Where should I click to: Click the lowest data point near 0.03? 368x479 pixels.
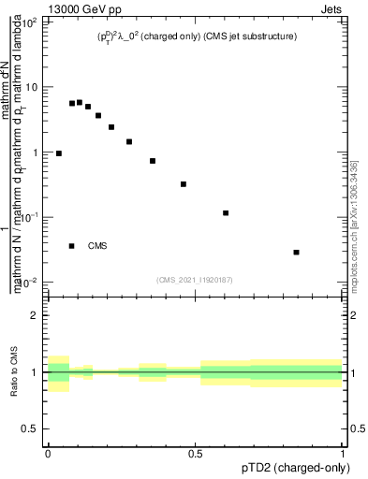coord(296,252)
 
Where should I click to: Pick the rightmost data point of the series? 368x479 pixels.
coord(296,252)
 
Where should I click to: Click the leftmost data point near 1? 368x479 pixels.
coord(59,153)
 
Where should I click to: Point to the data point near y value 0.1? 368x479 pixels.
coord(226,213)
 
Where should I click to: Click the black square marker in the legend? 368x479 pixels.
coord(72,246)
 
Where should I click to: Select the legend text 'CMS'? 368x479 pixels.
coord(97,246)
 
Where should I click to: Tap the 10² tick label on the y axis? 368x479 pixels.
coord(30,22)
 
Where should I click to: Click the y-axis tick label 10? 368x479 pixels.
coord(32,87)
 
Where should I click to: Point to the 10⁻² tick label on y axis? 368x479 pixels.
coord(30,283)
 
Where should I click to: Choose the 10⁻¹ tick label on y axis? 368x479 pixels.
coord(30,217)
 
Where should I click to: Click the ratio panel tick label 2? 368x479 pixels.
coord(35,315)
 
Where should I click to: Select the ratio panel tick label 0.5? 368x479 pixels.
coord(31,428)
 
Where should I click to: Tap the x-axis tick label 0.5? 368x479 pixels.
coord(196,454)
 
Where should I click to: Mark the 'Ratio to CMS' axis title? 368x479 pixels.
coord(13,371)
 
